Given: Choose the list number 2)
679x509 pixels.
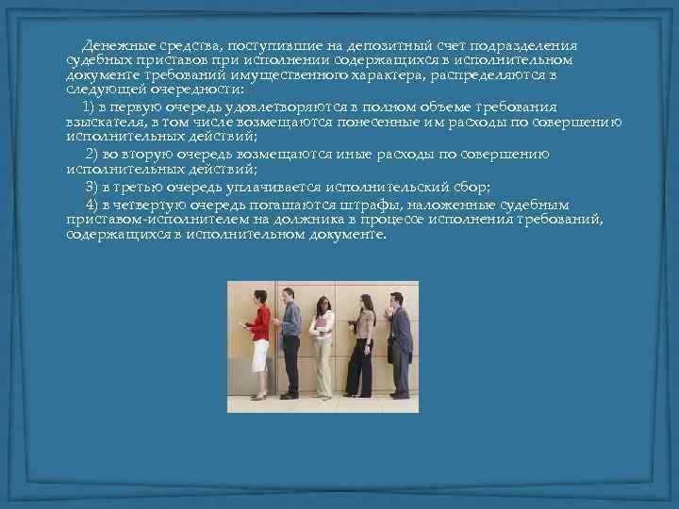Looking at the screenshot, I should [92, 154].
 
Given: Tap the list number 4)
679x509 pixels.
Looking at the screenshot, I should [92, 204].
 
